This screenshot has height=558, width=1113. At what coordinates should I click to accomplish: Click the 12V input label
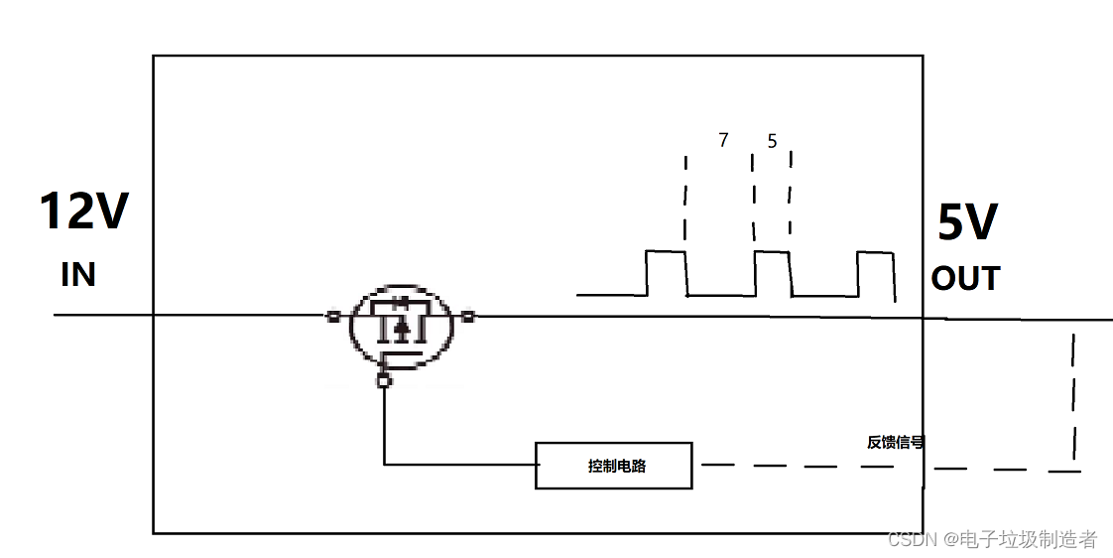pos(84,211)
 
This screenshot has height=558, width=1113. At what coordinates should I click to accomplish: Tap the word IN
pos(78,274)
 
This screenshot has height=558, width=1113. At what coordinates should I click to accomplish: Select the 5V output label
pos(967,223)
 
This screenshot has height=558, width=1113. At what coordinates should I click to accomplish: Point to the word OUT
pos(965,279)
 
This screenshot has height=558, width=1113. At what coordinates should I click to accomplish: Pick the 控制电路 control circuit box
pos(613,466)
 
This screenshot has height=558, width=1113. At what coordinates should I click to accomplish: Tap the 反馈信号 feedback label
pos(895,442)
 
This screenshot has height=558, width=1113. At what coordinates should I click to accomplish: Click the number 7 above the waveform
pos(723,141)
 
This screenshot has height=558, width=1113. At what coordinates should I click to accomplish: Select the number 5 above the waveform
pos(772,142)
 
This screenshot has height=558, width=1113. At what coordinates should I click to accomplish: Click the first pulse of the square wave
pos(666,273)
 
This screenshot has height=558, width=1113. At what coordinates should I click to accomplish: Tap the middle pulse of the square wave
pos(772,273)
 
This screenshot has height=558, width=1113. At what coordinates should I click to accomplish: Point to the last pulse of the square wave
pos(875,274)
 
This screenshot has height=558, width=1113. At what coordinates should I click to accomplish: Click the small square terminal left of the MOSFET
pos(333,317)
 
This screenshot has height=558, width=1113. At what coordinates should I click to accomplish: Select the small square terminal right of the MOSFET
pos(468,317)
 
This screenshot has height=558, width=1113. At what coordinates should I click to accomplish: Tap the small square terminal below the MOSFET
pos(384,381)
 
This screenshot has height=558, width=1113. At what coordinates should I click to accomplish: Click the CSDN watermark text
pos(992,539)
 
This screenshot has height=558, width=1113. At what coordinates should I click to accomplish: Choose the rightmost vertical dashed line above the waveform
pos(791,194)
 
